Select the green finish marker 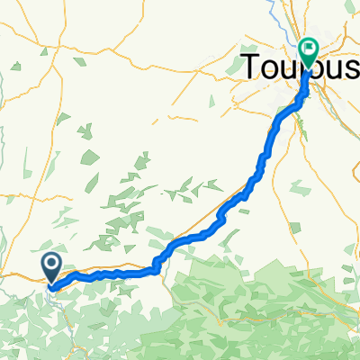(309, 51)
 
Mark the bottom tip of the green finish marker (309, 69)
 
